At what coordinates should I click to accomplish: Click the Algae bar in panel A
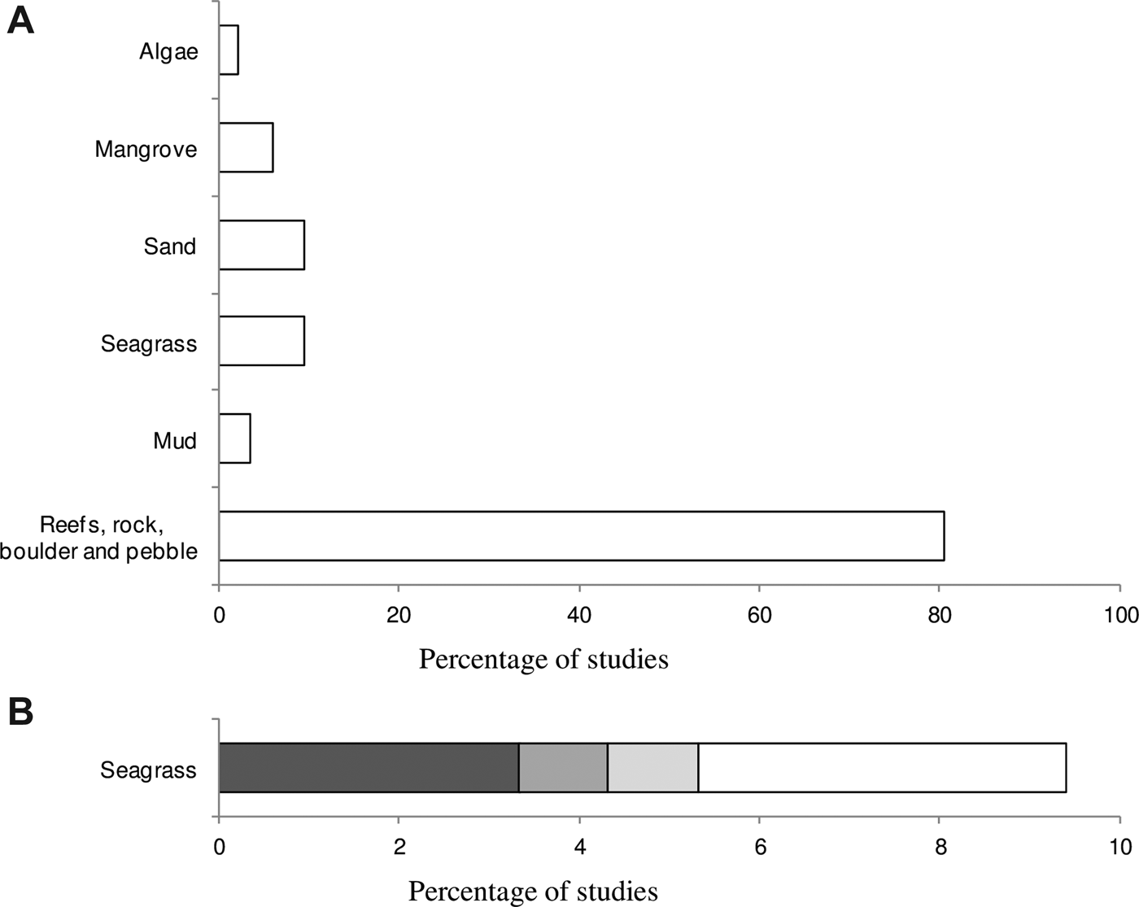(229, 50)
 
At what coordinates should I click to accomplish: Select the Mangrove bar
(246, 147)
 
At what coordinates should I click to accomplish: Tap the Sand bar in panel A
(261, 245)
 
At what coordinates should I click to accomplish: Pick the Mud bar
(234, 438)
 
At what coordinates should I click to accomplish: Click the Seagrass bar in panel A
(261, 342)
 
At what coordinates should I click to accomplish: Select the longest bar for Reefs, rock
(581, 536)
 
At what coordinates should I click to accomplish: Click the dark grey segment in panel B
(369, 767)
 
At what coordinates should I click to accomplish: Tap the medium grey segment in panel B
(563, 767)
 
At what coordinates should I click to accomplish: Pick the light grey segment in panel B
(652, 767)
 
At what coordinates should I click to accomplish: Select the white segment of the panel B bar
(882, 767)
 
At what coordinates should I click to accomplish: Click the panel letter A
(20, 20)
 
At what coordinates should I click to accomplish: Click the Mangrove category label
(146, 149)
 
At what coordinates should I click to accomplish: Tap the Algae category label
(168, 52)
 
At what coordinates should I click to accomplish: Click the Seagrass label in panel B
(148, 770)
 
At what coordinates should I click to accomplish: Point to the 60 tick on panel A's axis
(759, 616)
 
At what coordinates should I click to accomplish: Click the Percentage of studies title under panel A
(543, 658)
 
